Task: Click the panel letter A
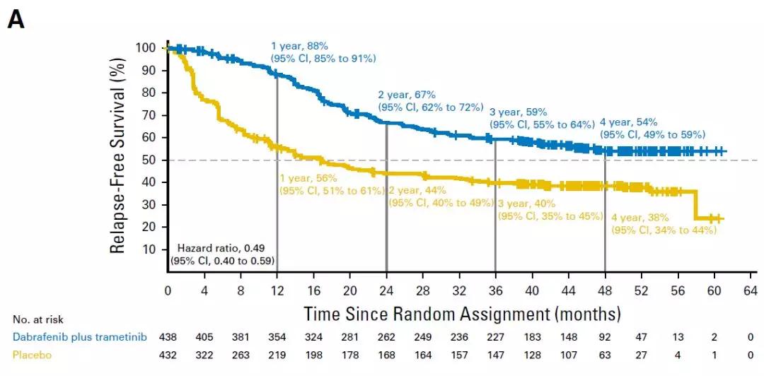point(16,20)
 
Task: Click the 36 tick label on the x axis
point(495,290)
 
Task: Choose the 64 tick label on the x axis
point(751,290)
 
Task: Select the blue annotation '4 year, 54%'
point(629,122)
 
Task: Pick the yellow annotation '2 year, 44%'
point(417,190)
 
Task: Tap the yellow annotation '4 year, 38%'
point(639,218)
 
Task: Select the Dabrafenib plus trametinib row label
point(79,337)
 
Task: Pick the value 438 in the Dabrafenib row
point(167,337)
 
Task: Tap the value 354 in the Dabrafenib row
point(277,337)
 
